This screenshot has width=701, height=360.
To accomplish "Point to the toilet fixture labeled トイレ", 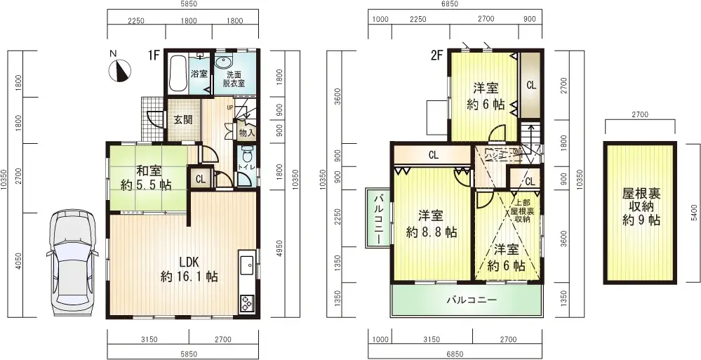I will pyautogui.click(x=246, y=157).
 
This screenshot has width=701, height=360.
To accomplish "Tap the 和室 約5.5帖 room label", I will pyautogui.click(x=146, y=178).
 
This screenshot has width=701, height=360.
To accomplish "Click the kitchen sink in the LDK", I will pyautogui.click(x=247, y=266).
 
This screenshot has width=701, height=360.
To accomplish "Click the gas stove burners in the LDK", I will pyautogui.click(x=248, y=302).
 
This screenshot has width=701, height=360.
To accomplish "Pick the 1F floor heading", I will pyautogui.click(x=154, y=55).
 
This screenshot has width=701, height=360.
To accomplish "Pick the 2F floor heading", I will pyautogui.click(x=437, y=55).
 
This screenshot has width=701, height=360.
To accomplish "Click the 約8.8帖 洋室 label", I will pyautogui.click(x=430, y=223).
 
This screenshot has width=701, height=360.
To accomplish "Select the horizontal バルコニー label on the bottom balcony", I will pyautogui.click(x=472, y=300).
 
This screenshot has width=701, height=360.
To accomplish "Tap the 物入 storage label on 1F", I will pyautogui.click(x=246, y=132).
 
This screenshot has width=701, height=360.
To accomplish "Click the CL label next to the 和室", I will pyautogui.click(x=201, y=178).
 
